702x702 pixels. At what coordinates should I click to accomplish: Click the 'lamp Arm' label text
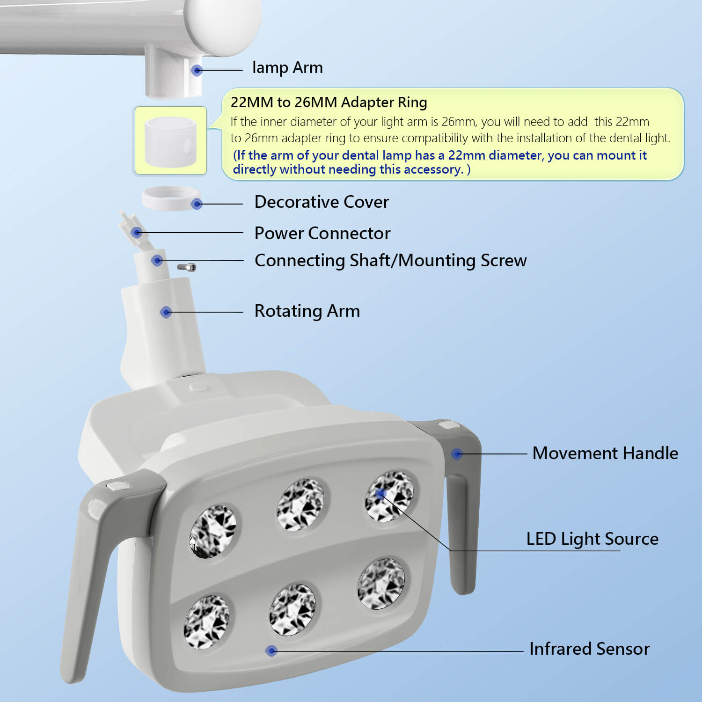[x=287, y=68]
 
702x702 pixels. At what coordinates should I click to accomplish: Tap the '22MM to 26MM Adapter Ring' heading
[x=329, y=102]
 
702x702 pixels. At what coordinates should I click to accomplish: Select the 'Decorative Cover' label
[x=322, y=202]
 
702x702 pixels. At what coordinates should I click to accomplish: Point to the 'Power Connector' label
[x=322, y=233]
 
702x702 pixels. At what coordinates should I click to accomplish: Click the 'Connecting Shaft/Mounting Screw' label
[x=391, y=261]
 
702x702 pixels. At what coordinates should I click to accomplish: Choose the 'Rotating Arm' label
[x=307, y=311]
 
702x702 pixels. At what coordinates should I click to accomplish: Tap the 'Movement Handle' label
[x=605, y=453]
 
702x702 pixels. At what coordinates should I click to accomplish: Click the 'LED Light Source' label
[x=592, y=539]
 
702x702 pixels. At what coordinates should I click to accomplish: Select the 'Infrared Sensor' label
[x=590, y=649]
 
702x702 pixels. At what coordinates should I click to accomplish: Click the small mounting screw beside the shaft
[x=186, y=267]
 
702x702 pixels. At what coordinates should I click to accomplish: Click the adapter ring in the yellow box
[x=170, y=142]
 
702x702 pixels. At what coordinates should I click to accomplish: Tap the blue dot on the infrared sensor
[x=271, y=651]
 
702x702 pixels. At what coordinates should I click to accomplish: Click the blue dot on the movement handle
[x=457, y=453]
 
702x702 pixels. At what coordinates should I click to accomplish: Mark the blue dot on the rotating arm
[x=166, y=312]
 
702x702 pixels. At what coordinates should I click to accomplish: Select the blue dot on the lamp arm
[x=197, y=70]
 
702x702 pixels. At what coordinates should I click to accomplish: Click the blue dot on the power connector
[x=137, y=232]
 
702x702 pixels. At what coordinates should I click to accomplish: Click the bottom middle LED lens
[x=292, y=610]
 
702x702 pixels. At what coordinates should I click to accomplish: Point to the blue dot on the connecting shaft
[x=157, y=260]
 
